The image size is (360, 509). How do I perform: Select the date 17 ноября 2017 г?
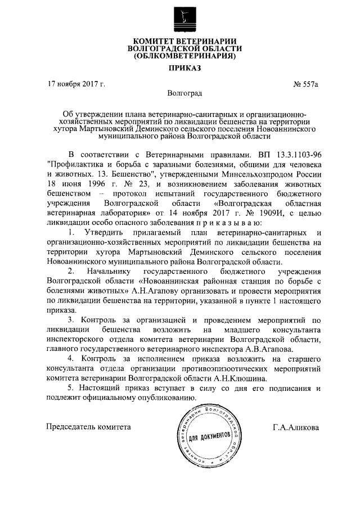[76, 85]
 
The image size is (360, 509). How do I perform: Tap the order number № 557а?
[306, 85]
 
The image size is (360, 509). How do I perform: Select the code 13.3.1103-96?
[294, 154]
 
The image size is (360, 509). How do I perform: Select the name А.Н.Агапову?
[153, 292]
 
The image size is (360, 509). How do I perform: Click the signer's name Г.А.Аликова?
[295, 427]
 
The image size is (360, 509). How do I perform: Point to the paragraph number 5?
[70, 389]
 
